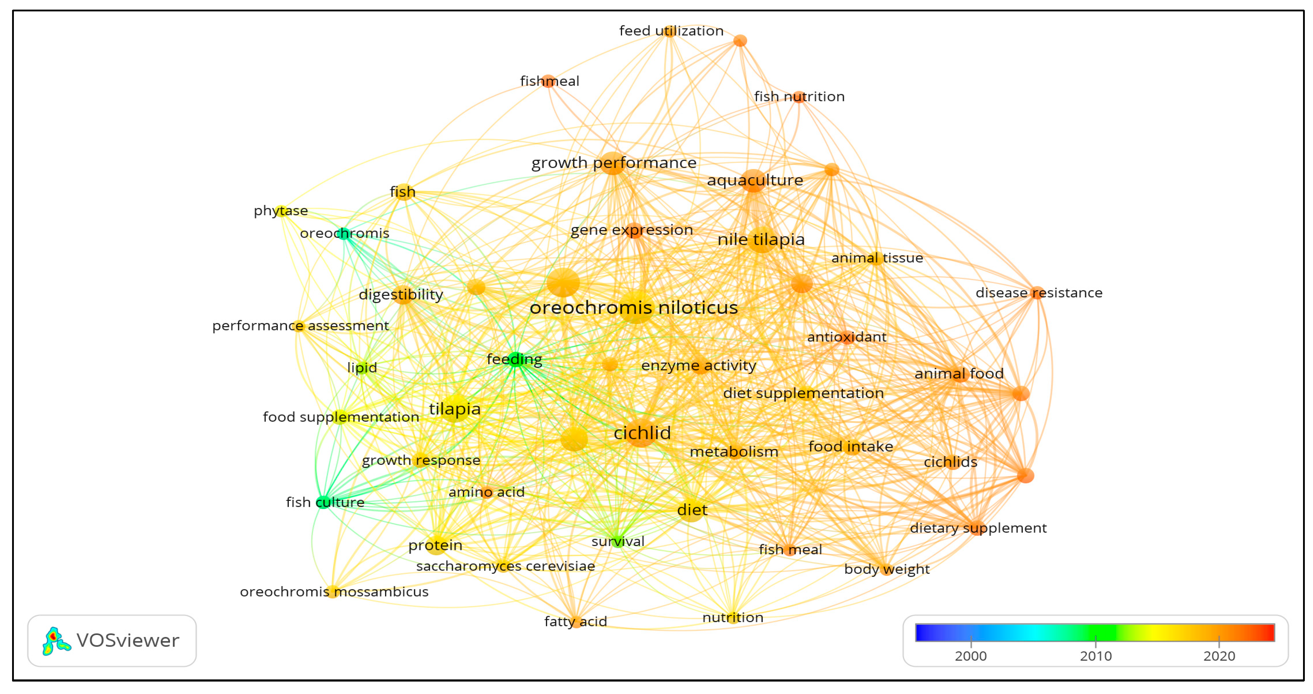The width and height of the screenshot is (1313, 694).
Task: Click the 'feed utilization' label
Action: (671, 31)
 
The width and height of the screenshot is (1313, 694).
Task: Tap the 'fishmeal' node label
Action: (549, 81)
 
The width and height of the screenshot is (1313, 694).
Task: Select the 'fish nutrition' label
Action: (799, 96)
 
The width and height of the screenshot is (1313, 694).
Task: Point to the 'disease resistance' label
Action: (1038, 293)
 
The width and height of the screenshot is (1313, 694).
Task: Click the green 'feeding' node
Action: (515, 360)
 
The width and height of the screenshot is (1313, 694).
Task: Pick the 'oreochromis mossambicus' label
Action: (334, 592)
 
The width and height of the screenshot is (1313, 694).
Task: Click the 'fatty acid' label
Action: (575, 621)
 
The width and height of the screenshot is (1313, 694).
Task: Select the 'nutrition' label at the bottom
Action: (733, 618)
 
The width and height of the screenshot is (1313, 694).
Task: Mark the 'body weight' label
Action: (886, 569)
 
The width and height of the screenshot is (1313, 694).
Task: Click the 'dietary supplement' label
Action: (978, 528)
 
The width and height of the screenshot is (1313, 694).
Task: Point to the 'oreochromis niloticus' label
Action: (634, 307)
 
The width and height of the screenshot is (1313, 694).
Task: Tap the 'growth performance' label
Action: (614, 163)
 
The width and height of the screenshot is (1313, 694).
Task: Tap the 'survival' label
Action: (617, 541)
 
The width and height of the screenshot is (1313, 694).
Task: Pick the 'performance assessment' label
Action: (300, 325)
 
